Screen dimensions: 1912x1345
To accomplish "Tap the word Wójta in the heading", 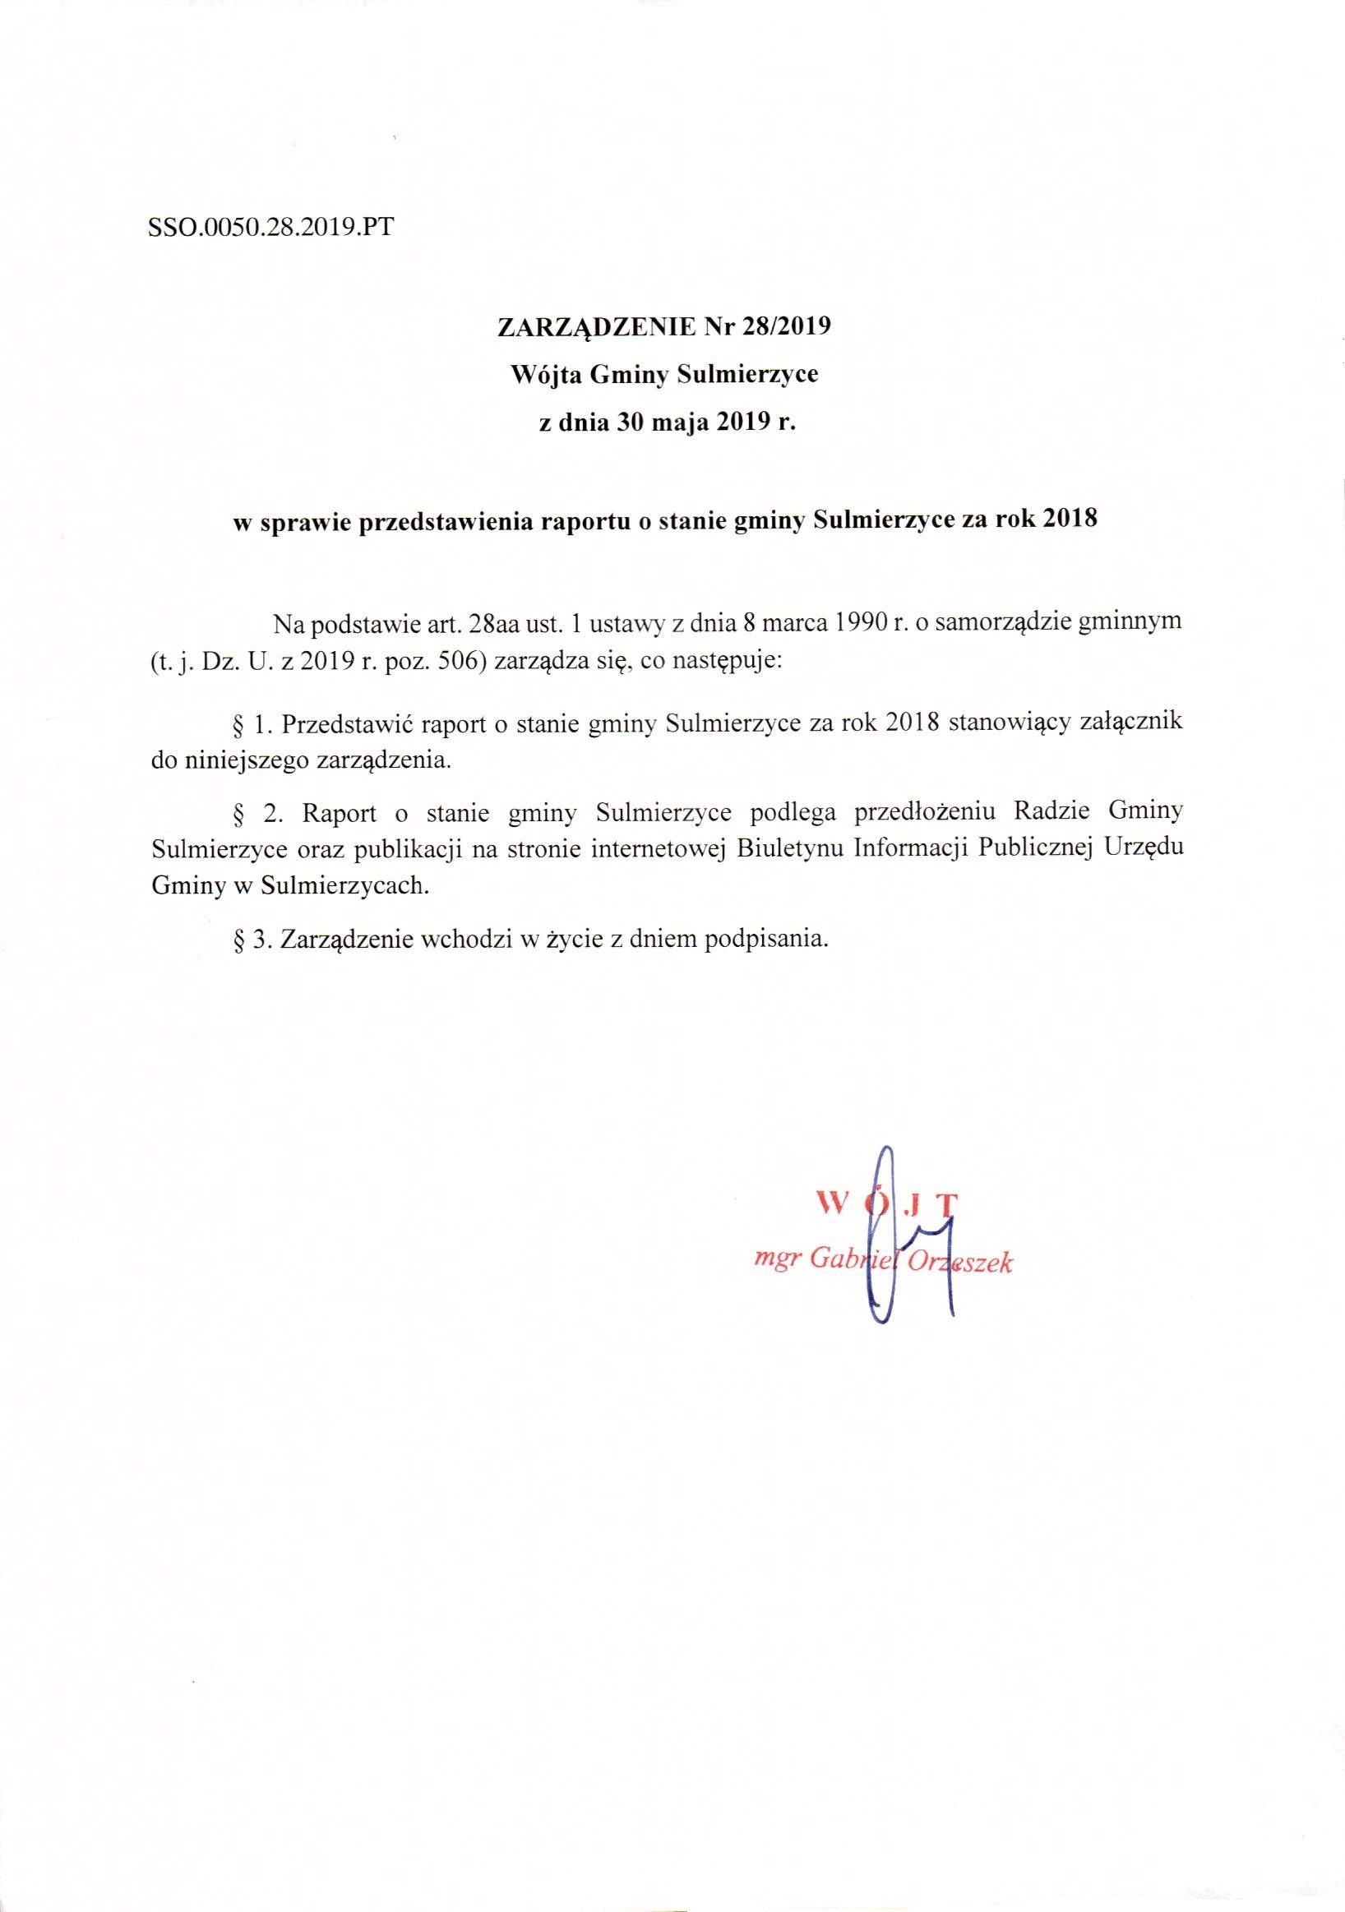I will pos(546,375).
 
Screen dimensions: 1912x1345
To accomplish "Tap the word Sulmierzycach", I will pos(344,887).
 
